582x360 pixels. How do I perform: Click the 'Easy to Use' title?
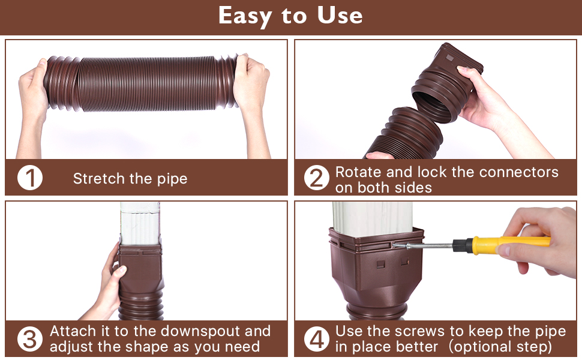click(x=290, y=16)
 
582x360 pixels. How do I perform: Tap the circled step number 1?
click(x=29, y=178)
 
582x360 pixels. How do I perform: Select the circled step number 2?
click(x=317, y=178)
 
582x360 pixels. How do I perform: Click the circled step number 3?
click(x=29, y=339)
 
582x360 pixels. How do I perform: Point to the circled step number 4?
click(x=317, y=339)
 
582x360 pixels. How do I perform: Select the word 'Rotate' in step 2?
click(x=358, y=172)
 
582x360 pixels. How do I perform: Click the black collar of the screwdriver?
click(x=463, y=244)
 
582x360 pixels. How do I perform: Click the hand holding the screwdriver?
click(x=540, y=240)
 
